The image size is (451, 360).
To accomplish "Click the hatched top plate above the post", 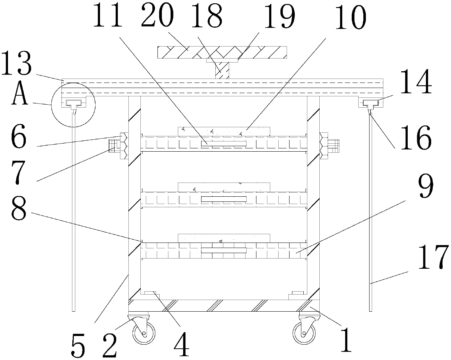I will click(222, 52).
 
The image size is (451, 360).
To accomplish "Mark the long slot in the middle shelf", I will click(224, 199).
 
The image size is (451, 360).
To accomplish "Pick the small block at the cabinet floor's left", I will click(150, 293).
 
